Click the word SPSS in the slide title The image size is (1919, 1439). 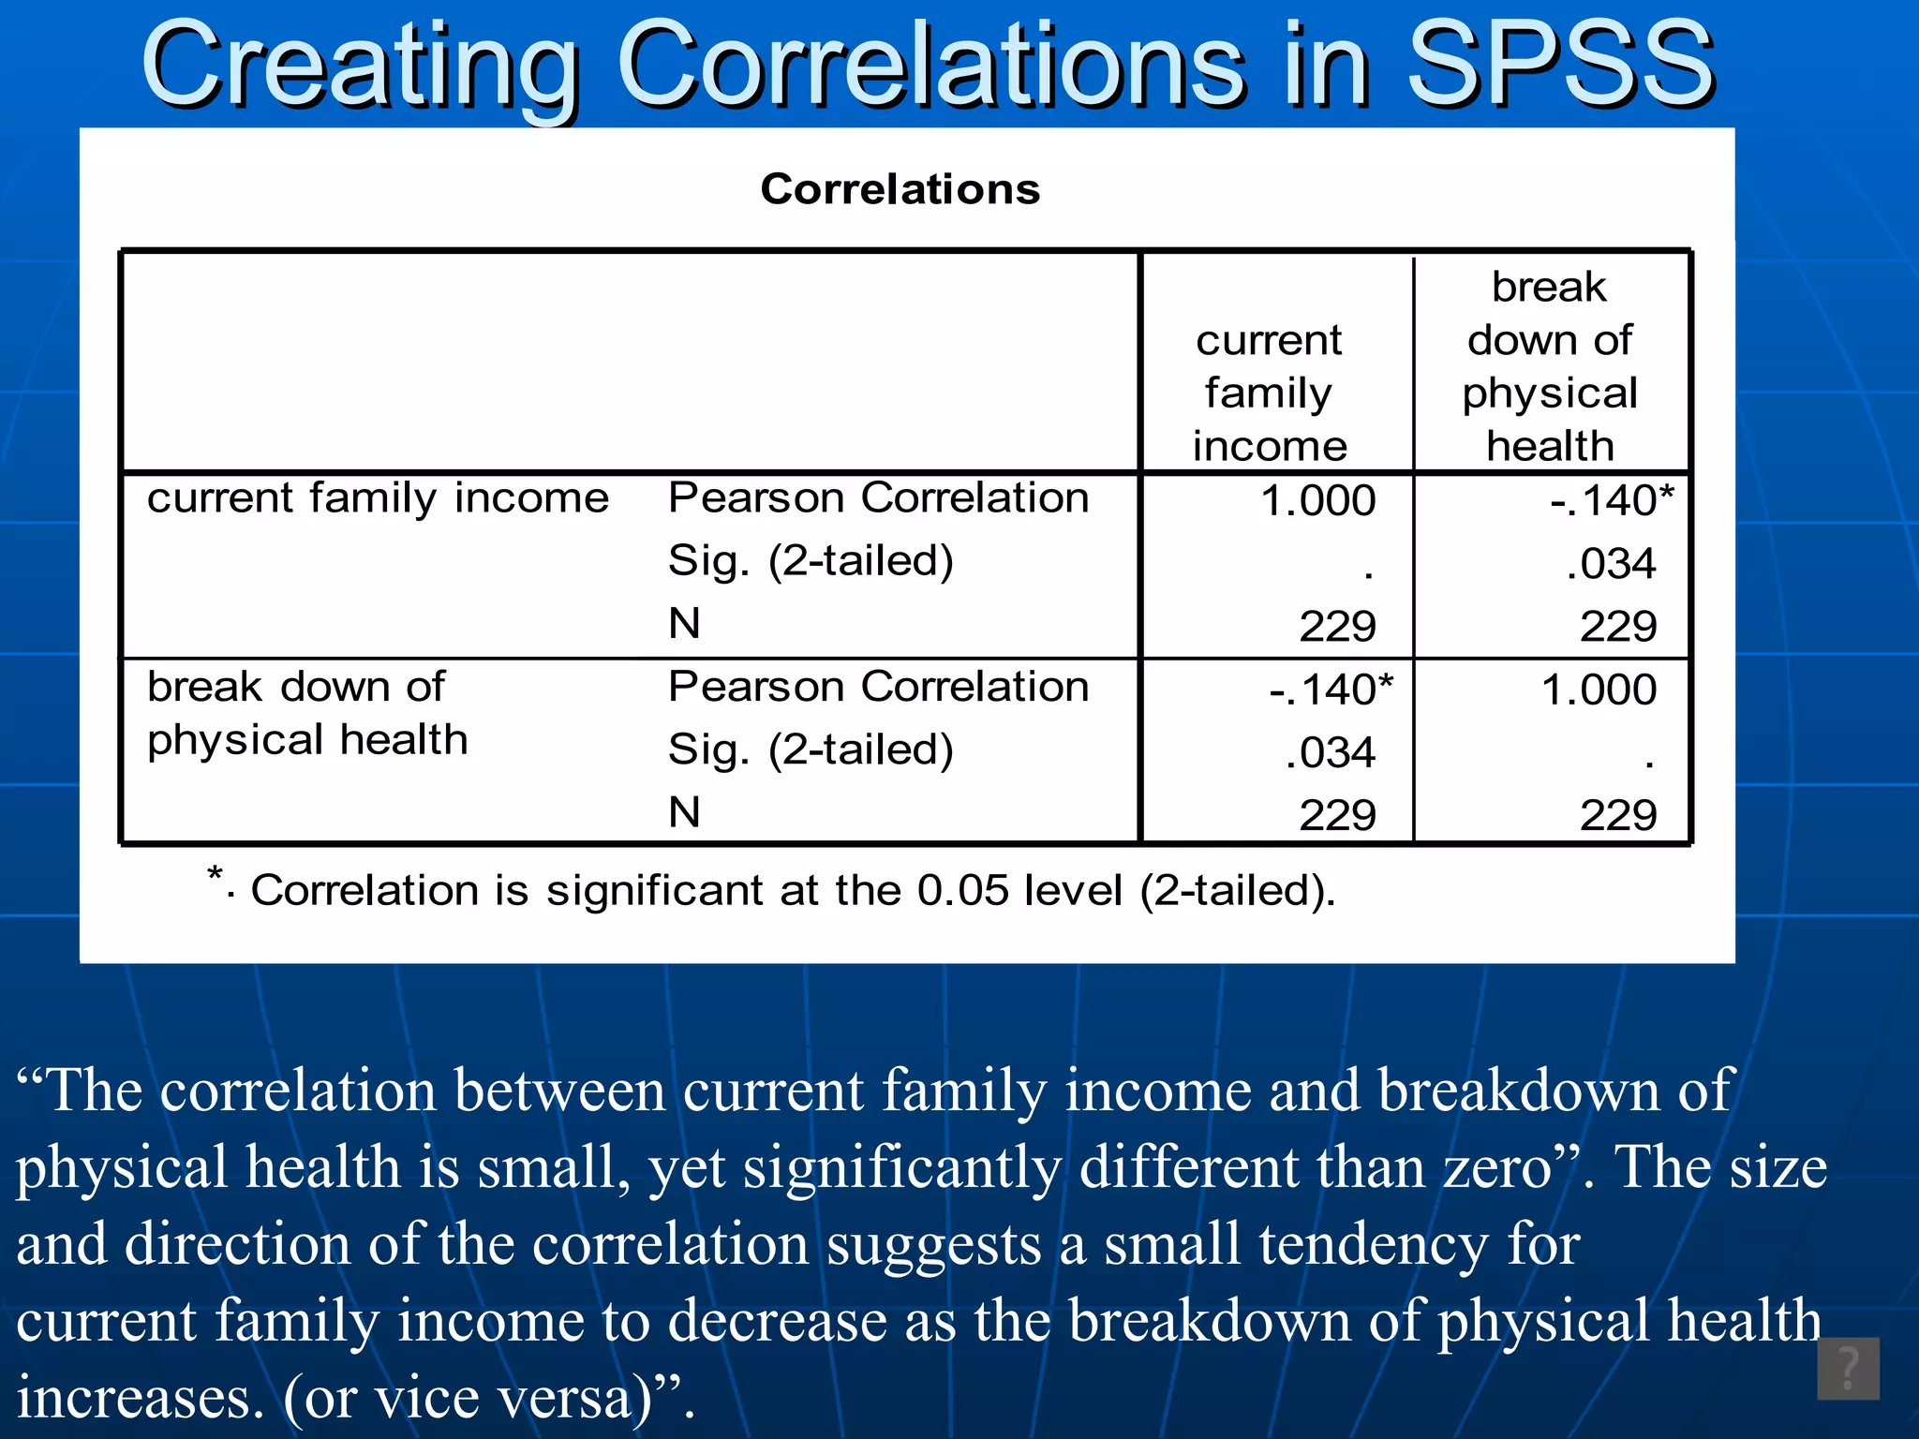pos(1560,66)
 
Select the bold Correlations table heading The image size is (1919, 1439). pos(900,189)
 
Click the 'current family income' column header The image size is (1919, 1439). pos(1270,393)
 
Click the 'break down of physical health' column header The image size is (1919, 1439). pos(1550,366)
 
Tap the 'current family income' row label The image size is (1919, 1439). pos(378,497)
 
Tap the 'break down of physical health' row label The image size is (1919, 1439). pos(307,713)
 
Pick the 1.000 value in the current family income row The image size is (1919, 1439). pos(1317,500)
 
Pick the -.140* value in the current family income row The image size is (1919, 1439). pos(1611,500)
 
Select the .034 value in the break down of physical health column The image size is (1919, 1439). pos(1611,564)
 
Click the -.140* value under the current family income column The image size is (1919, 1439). pos(1330,690)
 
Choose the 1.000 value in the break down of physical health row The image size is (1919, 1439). pos(1599,690)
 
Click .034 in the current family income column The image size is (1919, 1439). pos(1330,752)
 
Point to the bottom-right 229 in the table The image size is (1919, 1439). pos(1618,815)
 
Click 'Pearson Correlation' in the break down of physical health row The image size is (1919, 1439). pos(878,687)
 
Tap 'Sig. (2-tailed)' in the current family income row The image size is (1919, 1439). pos(811,561)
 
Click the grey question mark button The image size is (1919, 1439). pos(1847,1369)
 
